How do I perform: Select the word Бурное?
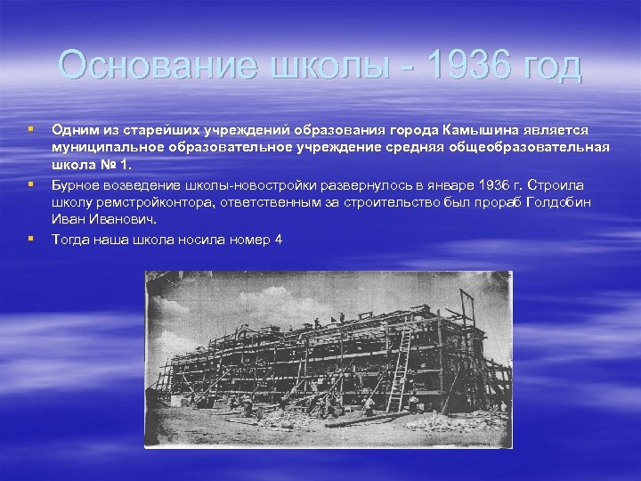click(x=76, y=184)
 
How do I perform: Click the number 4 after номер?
click(x=278, y=239)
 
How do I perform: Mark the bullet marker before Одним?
click(x=31, y=130)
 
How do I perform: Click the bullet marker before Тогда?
click(x=31, y=239)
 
